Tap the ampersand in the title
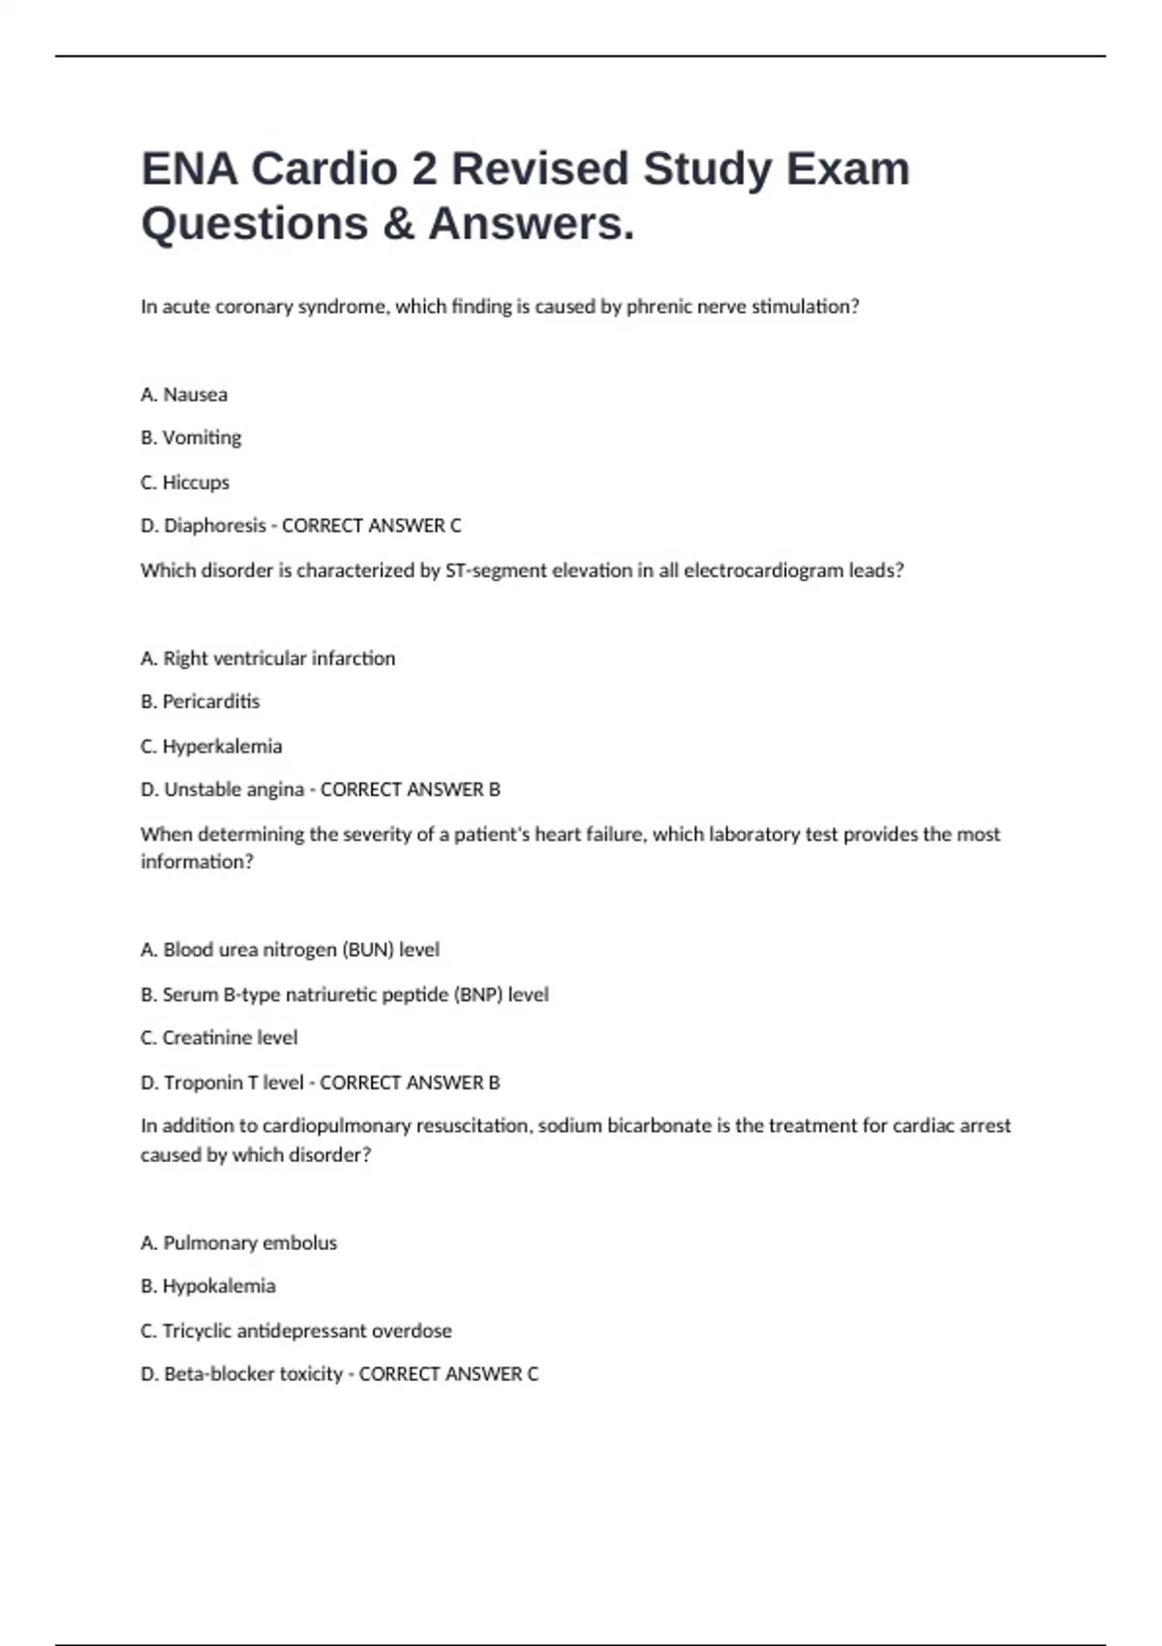pyautogui.click(x=398, y=224)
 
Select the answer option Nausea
pyautogui.click(x=195, y=395)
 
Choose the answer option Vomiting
pyautogui.click(x=201, y=438)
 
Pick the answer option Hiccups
pyautogui.click(x=196, y=482)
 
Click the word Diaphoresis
pyautogui.click(x=214, y=526)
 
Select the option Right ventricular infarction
pyautogui.click(x=279, y=658)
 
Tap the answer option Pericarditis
pyautogui.click(x=211, y=702)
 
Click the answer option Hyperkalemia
pyautogui.click(x=222, y=747)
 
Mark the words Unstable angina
pyautogui.click(x=233, y=790)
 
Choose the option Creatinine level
pyautogui.click(x=229, y=1038)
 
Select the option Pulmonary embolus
pyautogui.click(x=250, y=1243)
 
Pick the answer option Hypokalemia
pyautogui.click(x=219, y=1287)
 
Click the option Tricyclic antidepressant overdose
pyautogui.click(x=307, y=1331)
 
